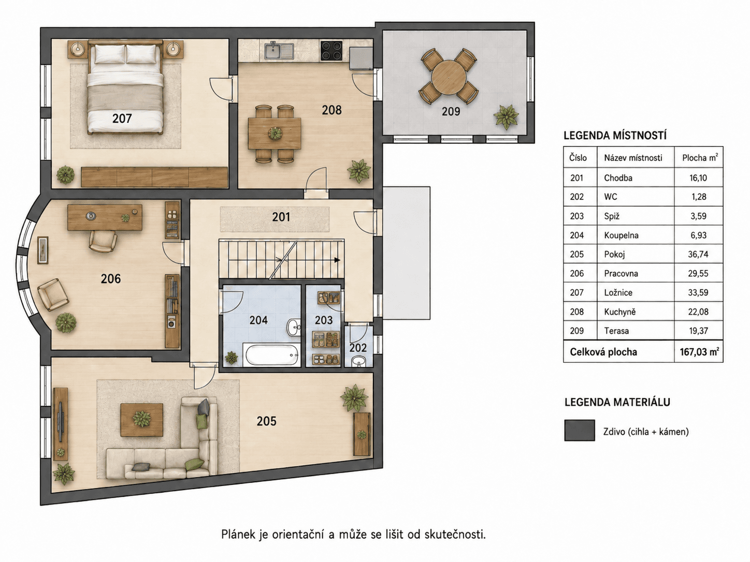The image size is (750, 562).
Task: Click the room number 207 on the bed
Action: pyautogui.click(x=122, y=119)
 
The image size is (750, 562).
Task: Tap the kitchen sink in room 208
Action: pyautogui.click(x=279, y=50)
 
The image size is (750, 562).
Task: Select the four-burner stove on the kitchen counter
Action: pyautogui.click(x=331, y=51)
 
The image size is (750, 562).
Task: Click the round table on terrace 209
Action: pyautogui.click(x=449, y=77)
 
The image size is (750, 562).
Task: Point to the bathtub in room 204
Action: pyautogui.click(x=271, y=354)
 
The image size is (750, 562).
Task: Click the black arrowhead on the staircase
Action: pyautogui.click(x=337, y=260)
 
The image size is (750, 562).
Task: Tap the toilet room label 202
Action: pyautogui.click(x=358, y=348)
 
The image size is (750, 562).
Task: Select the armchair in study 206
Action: pyautogui.click(x=53, y=294)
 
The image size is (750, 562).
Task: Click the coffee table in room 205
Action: pyautogui.click(x=142, y=420)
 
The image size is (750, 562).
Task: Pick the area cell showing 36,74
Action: pyautogui.click(x=698, y=254)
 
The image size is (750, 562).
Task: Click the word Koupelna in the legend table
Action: pyautogui.click(x=621, y=235)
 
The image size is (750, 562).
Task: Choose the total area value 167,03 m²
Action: pyautogui.click(x=699, y=352)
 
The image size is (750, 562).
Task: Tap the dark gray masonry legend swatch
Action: pyautogui.click(x=580, y=430)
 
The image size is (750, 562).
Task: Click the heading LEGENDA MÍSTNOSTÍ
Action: pyautogui.click(x=615, y=136)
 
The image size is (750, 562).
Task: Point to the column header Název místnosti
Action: pyautogui.click(x=633, y=158)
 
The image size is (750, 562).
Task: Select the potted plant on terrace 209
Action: pyautogui.click(x=506, y=117)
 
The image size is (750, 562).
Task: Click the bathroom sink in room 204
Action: pyautogui.click(x=293, y=328)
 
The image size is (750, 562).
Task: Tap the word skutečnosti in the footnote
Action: pyautogui.click(x=455, y=534)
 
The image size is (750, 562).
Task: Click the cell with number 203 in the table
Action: pyautogui.click(x=576, y=216)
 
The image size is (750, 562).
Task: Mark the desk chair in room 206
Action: pyautogui.click(x=103, y=241)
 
